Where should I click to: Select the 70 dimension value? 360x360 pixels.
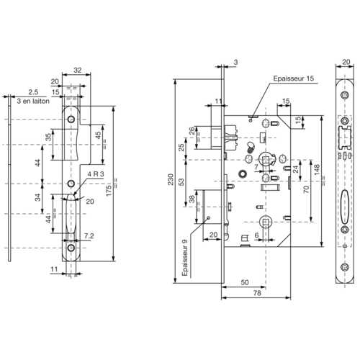point(305,189)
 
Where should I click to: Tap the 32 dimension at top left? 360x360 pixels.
point(78,71)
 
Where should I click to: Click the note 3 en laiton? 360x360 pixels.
point(30,102)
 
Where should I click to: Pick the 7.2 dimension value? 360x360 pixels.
point(89,235)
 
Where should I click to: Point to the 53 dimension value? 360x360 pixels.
point(181,181)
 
